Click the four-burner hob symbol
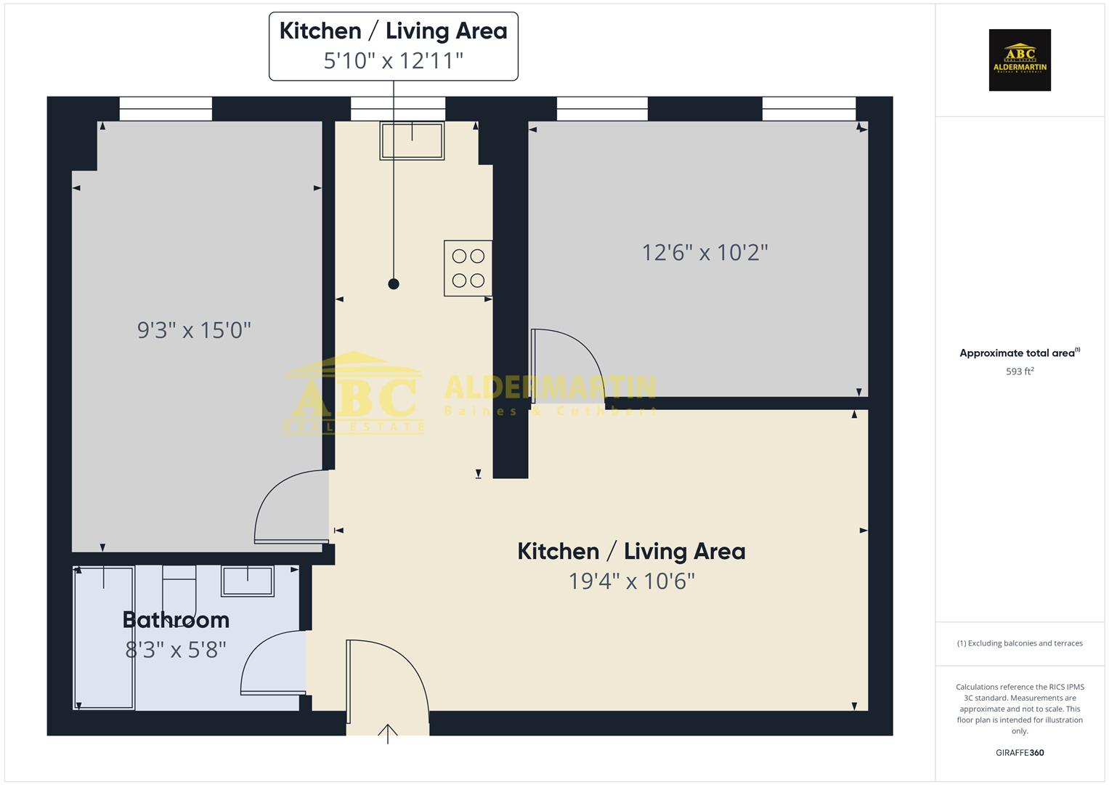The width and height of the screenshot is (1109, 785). [x=468, y=268]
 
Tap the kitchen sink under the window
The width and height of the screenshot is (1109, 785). [x=412, y=140]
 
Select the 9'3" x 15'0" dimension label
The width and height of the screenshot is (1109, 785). [x=194, y=331]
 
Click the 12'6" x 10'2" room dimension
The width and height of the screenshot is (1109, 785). [x=704, y=253]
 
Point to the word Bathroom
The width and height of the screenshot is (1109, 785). [x=176, y=620]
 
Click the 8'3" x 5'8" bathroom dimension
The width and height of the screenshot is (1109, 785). [x=176, y=649]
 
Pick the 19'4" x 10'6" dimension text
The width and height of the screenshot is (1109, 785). [x=631, y=581]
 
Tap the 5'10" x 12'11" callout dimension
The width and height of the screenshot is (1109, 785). [x=393, y=60]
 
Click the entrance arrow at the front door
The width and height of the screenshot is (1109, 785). [x=388, y=733]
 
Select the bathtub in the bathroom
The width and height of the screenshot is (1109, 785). [x=105, y=638]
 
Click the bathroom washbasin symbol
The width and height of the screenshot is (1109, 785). [x=248, y=581]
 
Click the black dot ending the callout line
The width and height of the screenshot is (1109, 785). [x=394, y=284]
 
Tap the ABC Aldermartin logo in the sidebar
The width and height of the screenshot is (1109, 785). [x=1020, y=60]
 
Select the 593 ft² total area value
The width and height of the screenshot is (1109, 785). [x=1020, y=371]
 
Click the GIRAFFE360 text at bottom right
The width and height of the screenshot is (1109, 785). [x=1020, y=753]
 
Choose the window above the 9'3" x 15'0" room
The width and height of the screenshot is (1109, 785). [x=166, y=109]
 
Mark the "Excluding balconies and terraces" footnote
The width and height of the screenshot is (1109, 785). [x=1020, y=643]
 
